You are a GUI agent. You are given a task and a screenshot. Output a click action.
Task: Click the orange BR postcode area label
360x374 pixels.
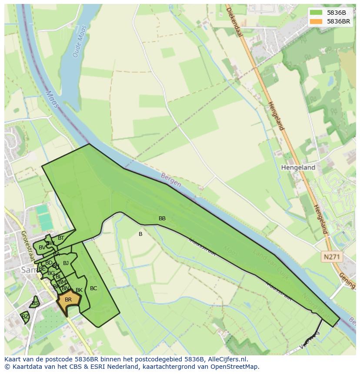pos(68,300)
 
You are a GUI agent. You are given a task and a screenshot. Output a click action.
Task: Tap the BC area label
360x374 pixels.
pos(93,288)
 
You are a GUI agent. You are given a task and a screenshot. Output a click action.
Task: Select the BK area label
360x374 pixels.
pos(79,290)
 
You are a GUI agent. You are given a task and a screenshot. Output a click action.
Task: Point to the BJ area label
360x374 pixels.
pos(66,263)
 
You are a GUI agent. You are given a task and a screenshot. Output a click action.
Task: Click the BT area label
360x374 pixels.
pos(61,238)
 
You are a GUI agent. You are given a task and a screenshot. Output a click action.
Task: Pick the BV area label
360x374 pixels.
pos(42,248)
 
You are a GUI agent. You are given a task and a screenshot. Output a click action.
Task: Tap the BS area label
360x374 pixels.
pos(35,303)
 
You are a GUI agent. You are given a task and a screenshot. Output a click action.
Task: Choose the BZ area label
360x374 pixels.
pos(25,317)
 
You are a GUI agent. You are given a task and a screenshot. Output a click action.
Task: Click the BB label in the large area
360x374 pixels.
pos(162,218)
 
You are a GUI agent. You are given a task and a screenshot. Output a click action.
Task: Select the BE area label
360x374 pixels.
pos(42,269)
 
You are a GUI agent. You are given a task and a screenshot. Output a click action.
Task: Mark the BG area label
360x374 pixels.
pos(51,273)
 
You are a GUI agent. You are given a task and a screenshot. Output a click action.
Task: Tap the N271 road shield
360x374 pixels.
pos(331,257)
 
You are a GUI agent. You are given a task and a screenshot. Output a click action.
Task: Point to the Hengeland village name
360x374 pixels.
pos(298,167)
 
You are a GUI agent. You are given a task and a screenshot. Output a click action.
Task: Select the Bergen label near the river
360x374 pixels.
pos(171,180)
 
